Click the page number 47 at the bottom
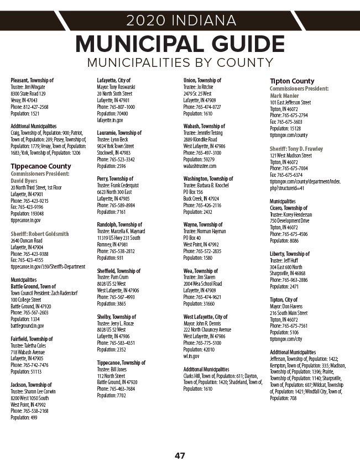(x=180, y=456)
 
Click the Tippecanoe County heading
(x=41, y=166)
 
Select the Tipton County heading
(x=292, y=81)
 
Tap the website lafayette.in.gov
(x=110, y=119)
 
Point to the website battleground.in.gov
(x=27, y=326)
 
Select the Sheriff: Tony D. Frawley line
(x=296, y=149)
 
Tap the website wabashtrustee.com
(x=200, y=166)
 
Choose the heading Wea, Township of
(x=201, y=271)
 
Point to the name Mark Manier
(x=284, y=96)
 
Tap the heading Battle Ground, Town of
(x=33, y=286)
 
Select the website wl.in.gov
(x=191, y=356)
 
